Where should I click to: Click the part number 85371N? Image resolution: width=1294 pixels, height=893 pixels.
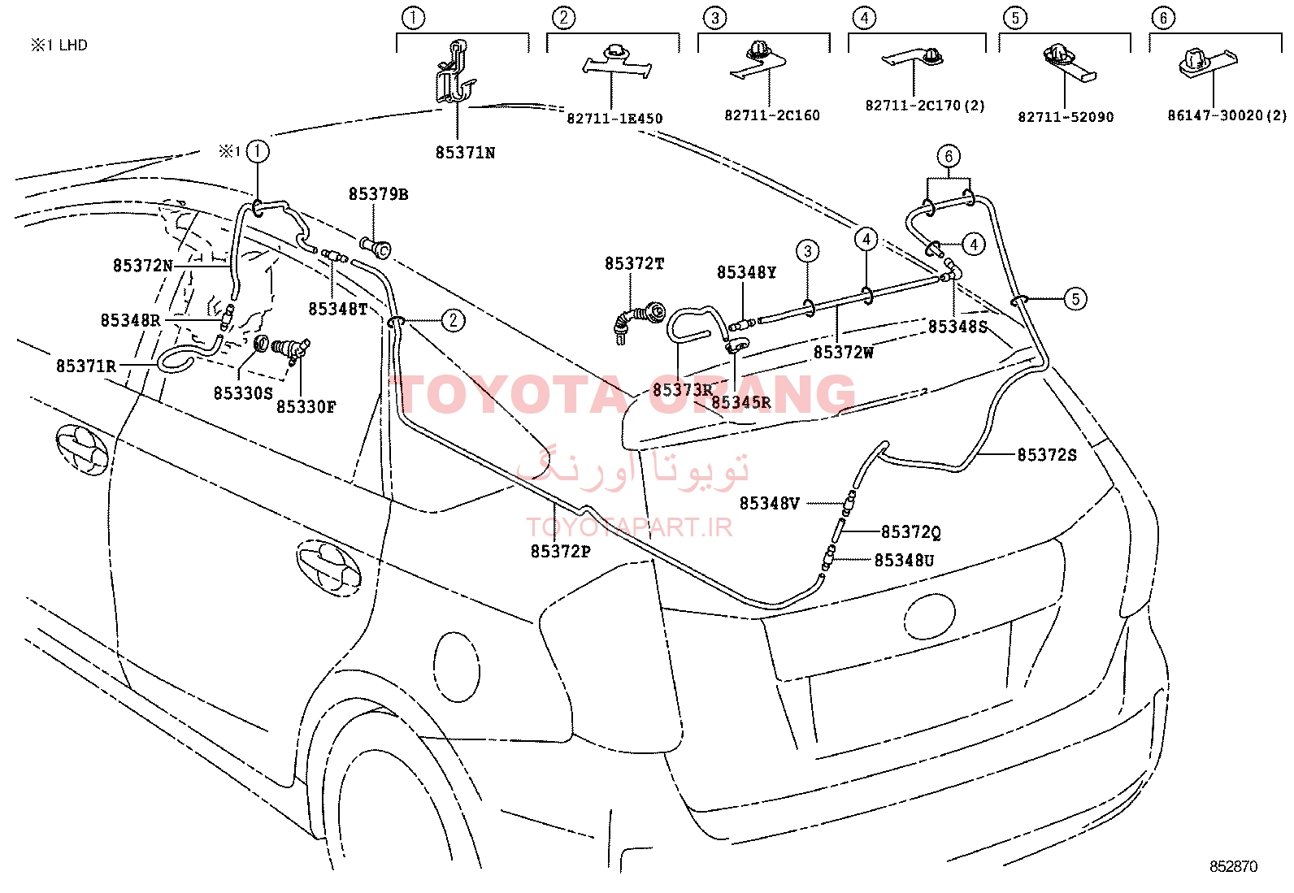click(465, 153)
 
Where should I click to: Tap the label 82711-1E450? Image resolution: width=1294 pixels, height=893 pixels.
click(614, 119)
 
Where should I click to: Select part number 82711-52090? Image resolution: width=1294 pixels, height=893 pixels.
click(1066, 117)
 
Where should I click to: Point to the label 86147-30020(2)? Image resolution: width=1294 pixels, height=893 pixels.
click(1227, 115)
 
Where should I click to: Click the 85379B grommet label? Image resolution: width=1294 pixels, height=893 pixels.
click(379, 194)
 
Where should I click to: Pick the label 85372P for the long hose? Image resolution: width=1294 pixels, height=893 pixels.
click(560, 552)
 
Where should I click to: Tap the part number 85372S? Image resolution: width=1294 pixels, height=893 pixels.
click(1047, 455)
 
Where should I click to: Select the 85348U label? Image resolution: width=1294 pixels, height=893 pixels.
click(904, 561)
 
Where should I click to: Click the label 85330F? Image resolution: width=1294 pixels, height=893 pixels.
click(306, 406)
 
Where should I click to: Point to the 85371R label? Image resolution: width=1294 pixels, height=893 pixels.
click(86, 366)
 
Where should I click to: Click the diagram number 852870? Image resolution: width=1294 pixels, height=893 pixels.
click(1233, 866)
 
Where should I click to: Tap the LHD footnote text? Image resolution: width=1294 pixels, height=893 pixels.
click(59, 45)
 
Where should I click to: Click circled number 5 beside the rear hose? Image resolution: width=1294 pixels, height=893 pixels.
click(1075, 299)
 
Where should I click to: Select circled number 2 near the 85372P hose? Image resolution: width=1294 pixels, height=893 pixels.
click(453, 320)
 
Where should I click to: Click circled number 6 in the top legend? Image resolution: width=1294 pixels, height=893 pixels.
click(1163, 18)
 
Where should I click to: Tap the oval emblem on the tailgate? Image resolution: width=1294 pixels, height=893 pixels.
click(930, 616)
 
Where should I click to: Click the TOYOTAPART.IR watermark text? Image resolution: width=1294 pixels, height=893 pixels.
click(629, 527)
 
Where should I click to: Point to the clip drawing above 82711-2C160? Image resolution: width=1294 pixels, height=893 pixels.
click(758, 60)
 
